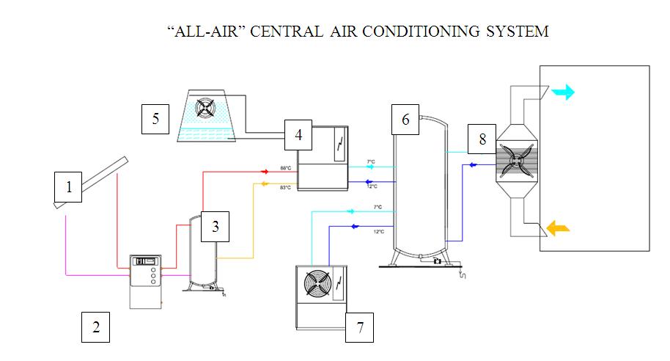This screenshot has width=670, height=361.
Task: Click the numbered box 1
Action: (x=69, y=187)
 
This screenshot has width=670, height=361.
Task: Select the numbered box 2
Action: (x=95, y=327)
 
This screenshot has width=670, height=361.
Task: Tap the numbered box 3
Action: (x=216, y=227)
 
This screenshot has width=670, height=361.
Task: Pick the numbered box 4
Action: (x=298, y=135)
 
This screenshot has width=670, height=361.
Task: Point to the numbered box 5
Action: (x=155, y=119)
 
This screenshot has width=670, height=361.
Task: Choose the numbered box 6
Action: (x=405, y=119)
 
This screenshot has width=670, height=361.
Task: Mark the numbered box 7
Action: (x=359, y=327)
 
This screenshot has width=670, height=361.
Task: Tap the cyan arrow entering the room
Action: (x=563, y=92)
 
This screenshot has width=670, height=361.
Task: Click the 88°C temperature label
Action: (x=285, y=169)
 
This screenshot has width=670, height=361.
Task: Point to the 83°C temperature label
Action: (x=285, y=188)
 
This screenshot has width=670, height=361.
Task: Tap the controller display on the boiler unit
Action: (x=146, y=260)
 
